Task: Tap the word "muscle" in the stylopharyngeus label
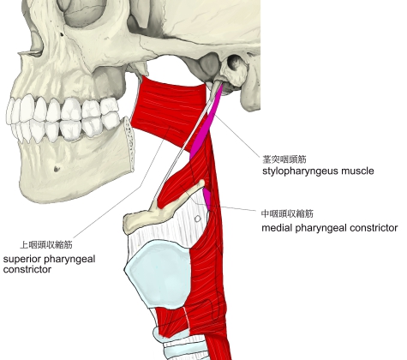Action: click(x=358, y=171)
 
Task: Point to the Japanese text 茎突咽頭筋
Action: click(x=284, y=159)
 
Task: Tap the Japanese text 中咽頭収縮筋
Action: click(x=287, y=213)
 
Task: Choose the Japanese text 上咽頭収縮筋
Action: click(x=46, y=245)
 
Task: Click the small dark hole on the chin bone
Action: click(x=57, y=169)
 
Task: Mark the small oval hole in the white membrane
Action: click(x=198, y=219)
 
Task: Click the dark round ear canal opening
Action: click(x=235, y=63)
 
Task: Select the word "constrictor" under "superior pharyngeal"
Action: click(x=27, y=269)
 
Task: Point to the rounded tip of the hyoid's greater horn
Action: click(x=202, y=182)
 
